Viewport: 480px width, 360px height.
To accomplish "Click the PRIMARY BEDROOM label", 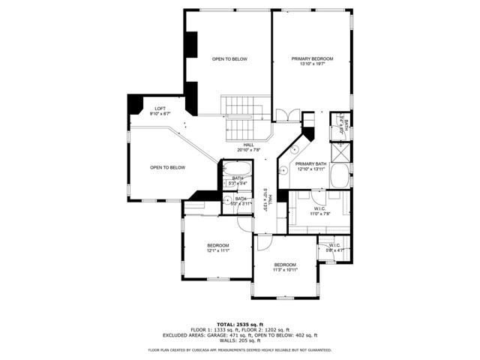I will click(312, 58).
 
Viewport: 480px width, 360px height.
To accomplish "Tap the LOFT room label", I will click(160, 109).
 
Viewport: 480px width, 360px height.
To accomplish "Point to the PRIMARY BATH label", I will click(310, 163).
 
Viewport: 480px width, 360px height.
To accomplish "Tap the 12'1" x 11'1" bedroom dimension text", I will click(218, 250).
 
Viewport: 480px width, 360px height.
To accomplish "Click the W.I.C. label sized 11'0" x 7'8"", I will click(320, 210).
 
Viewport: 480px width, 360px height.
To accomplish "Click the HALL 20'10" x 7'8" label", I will click(249, 147).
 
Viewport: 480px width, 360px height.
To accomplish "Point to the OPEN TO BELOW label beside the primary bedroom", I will click(229, 58).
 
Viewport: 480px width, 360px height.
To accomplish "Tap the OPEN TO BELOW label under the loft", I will click(167, 167).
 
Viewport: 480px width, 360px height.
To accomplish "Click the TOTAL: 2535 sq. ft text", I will click(240, 324).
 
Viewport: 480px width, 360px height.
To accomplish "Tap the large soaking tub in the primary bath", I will click(340, 178).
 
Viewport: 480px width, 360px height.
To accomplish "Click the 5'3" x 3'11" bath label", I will click(240, 201).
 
